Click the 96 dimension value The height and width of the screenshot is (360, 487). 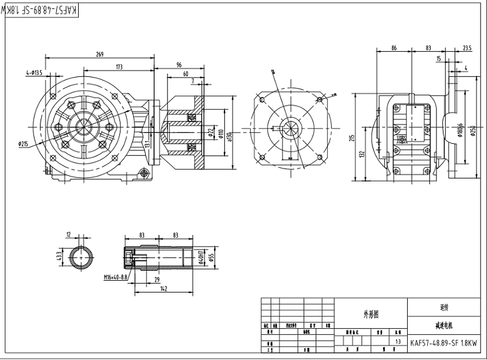pos(179,65)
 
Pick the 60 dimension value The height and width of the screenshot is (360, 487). pos(186,74)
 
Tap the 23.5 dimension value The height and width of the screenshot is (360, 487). pos(467,48)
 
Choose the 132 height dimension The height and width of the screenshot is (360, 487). pos(363,154)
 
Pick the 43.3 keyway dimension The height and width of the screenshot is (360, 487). pos(59,258)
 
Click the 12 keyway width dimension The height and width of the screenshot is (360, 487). pos(69,234)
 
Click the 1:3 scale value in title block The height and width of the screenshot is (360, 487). pos(399,341)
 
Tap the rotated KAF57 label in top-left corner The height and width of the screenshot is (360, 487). pos(42,11)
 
